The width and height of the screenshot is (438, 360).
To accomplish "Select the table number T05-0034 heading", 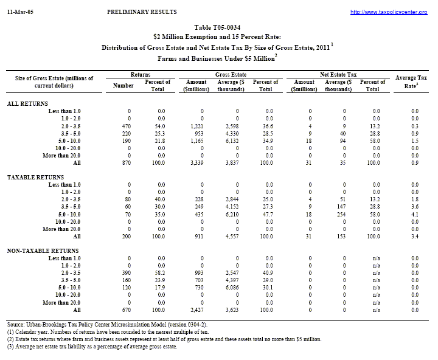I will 218,28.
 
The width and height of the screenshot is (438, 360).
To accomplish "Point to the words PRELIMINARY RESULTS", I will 142,12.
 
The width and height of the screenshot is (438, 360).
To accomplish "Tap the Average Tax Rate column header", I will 406,81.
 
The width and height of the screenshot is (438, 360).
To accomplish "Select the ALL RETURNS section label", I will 27,103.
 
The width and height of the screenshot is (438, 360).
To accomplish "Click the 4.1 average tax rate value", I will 415,215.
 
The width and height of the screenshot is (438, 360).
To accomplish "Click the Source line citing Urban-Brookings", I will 107,325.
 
